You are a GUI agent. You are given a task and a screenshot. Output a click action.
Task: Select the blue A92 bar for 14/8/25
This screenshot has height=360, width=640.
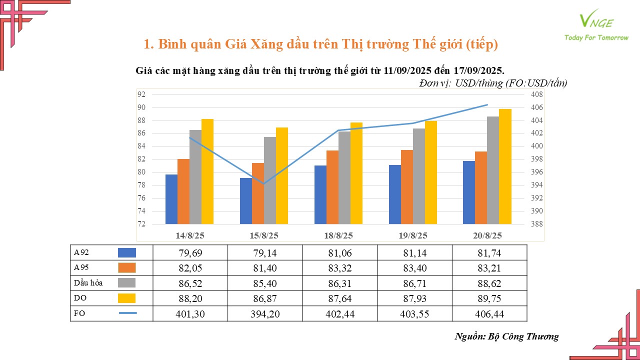(x=171, y=199)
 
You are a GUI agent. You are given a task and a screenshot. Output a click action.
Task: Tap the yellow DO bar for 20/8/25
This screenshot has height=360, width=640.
(x=505, y=166)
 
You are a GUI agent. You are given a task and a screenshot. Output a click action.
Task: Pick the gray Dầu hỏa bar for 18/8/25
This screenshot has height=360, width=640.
(x=344, y=177)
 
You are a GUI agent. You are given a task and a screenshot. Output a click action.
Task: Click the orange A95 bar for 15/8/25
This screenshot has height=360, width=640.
(x=258, y=193)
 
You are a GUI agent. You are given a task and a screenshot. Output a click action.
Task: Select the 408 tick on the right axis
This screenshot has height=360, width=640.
(x=536, y=94)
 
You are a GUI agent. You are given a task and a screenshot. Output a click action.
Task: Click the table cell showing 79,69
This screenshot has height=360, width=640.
(x=190, y=253)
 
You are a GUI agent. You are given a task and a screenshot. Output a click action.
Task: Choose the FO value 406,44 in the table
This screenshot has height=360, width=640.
(x=489, y=313)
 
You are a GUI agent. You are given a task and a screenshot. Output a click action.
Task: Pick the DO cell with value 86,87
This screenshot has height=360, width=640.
(x=265, y=298)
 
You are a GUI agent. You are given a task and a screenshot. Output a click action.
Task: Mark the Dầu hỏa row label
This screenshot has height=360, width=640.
(x=88, y=283)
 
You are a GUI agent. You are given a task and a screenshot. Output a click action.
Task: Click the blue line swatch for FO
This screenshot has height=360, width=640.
(x=127, y=313)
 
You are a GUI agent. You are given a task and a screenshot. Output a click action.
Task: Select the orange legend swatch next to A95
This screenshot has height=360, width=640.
(x=127, y=268)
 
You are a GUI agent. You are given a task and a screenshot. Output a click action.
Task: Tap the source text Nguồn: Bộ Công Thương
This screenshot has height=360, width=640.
(x=506, y=336)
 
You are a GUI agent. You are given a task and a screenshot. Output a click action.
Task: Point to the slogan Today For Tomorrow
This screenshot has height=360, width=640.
(x=596, y=37)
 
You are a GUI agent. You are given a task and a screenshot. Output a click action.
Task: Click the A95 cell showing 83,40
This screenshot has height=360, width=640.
(x=414, y=268)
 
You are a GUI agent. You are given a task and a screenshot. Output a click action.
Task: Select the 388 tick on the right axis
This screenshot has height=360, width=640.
(x=536, y=224)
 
